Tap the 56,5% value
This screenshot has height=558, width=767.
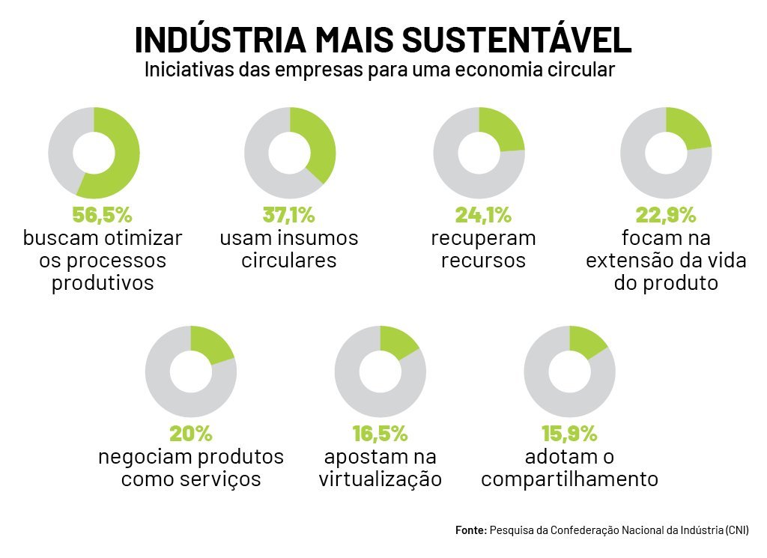click(102, 215)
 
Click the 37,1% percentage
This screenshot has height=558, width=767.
click(289, 215)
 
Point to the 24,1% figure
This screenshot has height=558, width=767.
click(483, 215)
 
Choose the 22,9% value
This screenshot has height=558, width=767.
click(666, 215)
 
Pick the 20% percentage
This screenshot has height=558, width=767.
click(191, 433)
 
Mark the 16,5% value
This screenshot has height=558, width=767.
click(380, 433)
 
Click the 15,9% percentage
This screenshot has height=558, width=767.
click(569, 433)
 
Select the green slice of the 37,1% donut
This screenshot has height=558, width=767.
click(318, 142)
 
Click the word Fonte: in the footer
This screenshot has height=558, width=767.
click(470, 530)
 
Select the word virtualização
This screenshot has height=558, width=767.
click(380, 479)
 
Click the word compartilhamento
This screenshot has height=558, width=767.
click(569, 479)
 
